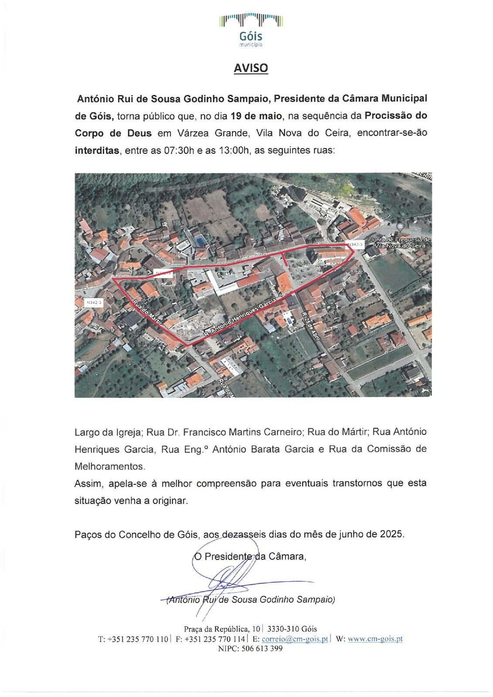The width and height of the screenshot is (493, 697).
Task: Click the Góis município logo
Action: tap(251, 30)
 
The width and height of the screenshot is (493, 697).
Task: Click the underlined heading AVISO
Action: tap(251, 68)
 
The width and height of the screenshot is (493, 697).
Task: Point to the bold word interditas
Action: tap(97, 151)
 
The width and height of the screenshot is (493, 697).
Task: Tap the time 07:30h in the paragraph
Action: tap(178, 151)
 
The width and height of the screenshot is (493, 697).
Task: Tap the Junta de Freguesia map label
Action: tap(399, 242)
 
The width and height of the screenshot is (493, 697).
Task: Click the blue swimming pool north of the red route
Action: tap(199, 240)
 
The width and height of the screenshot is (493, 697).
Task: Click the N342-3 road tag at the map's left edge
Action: tap(94, 302)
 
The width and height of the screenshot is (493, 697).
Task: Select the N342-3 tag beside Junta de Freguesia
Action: tap(354, 245)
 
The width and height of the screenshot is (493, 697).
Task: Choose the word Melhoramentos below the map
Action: tap(109, 466)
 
